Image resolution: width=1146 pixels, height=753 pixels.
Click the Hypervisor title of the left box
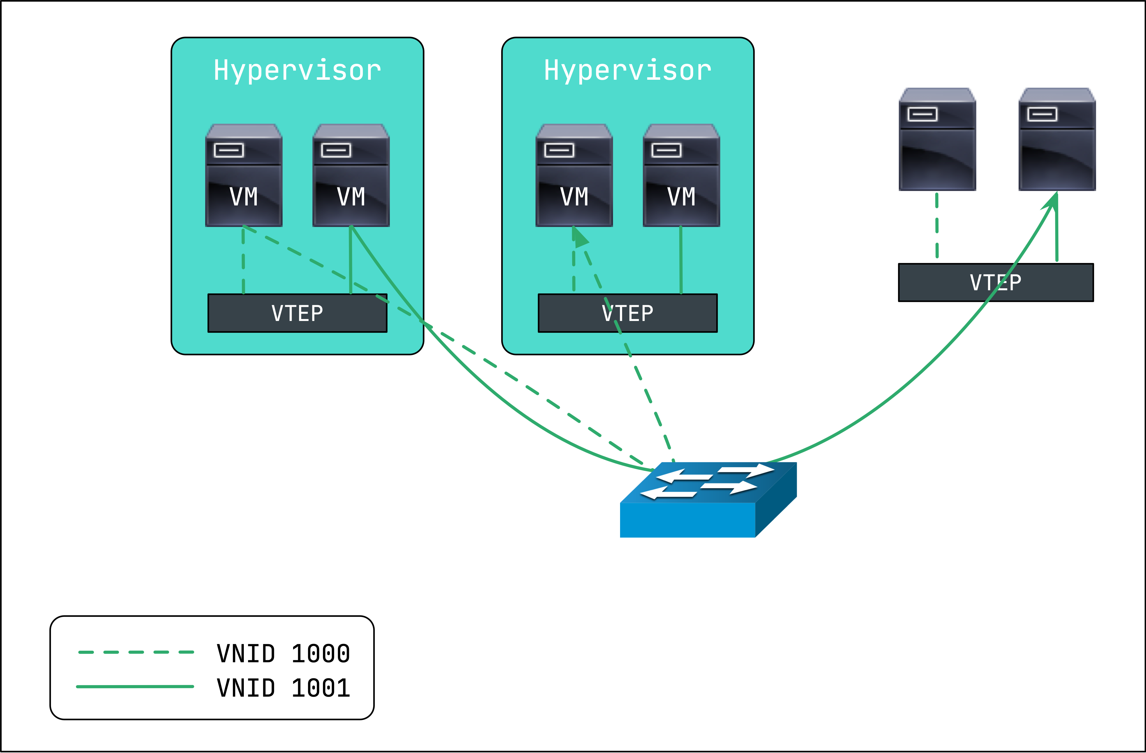297,71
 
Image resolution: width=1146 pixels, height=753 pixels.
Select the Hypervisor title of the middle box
627,71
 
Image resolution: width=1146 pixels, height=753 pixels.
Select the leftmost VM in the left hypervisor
244,176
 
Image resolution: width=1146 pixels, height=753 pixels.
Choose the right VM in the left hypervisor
351,176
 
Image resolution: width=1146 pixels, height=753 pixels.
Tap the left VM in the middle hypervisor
574,176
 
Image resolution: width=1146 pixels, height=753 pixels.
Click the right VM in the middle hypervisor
681,176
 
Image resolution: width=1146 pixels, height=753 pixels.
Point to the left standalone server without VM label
937,139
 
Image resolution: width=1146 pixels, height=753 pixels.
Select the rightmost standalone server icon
1057,139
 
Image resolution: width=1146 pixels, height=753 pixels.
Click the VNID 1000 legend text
283,653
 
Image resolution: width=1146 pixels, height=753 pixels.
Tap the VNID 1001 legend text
283,688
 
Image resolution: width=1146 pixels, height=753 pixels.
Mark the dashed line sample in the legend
136,652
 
